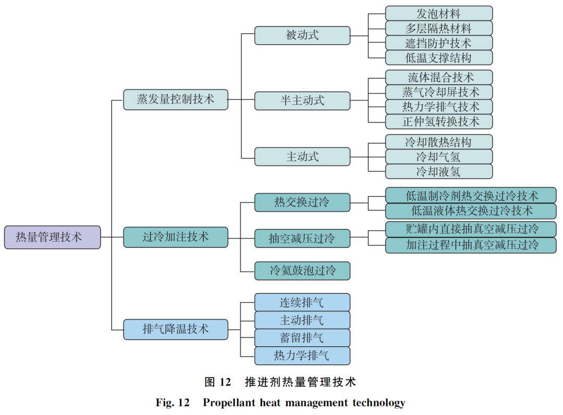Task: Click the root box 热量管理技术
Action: click(52, 237)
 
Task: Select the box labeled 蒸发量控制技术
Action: click(175, 99)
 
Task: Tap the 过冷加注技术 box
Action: click(175, 237)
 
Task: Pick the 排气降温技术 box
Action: click(175, 329)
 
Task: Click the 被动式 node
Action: click(302, 35)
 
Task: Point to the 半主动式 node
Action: click(302, 100)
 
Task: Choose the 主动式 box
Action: click(302, 156)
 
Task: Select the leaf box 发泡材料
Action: click(438, 13)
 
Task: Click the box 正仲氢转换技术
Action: click(438, 122)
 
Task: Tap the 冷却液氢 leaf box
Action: click(438, 171)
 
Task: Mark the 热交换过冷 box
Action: click(302, 202)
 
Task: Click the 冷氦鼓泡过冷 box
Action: click(302, 271)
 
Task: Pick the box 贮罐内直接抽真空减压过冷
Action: click(471, 229)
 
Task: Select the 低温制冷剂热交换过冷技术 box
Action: click(471, 195)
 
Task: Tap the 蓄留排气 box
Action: click(302, 337)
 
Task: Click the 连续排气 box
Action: click(302, 302)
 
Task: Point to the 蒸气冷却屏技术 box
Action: click(438, 92)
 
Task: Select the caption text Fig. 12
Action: click(172, 403)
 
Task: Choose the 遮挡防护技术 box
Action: click(438, 43)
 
